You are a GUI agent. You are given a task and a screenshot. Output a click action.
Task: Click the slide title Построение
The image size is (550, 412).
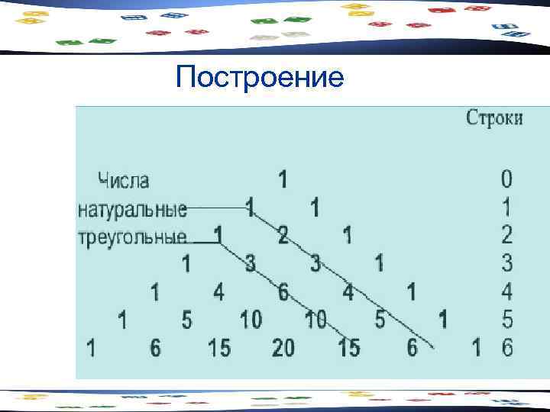pyautogui.click(x=259, y=78)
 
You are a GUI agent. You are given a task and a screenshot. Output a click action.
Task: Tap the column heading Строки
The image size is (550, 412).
pyautogui.click(x=494, y=118)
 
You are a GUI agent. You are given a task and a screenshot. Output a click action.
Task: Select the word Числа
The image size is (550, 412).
pyautogui.click(x=124, y=181)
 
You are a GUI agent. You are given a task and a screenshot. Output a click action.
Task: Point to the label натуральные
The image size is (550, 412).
pyautogui.click(x=132, y=208)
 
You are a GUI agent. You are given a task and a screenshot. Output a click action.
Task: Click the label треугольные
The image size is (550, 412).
pyautogui.click(x=132, y=235)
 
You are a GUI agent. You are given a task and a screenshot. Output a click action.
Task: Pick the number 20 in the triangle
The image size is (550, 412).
pyautogui.click(x=283, y=348)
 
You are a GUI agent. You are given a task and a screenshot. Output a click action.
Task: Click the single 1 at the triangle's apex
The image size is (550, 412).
pyautogui.click(x=283, y=180)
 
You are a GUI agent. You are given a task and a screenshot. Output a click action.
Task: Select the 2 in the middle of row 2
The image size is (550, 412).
pyautogui.click(x=283, y=235)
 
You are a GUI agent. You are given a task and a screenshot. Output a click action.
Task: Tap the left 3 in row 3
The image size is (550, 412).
pyautogui.click(x=250, y=263)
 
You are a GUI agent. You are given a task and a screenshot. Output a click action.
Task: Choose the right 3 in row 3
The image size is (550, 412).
pyautogui.click(x=315, y=263)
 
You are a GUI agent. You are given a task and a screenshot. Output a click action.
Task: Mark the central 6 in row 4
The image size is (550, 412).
pyautogui.click(x=283, y=291)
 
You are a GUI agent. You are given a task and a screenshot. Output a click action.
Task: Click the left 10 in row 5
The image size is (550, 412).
pyautogui.click(x=251, y=319)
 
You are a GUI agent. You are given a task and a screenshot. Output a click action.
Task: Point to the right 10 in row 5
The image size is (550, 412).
pyautogui.click(x=316, y=319)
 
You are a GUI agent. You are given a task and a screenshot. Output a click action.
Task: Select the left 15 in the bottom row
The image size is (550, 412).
pyautogui.click(x=219, y=348)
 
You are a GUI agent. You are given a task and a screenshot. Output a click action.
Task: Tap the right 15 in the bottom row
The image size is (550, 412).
pyautogui.click(x=349, y=348)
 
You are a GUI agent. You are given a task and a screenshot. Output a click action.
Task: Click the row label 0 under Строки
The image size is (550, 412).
pyautogui.click(x=507, y=180)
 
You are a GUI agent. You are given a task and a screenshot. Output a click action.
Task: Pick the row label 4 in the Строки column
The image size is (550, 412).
pyautogui.click(x=507, y=291)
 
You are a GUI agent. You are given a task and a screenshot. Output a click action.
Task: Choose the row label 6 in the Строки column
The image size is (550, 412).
pyautogui.click(x=507, y=348)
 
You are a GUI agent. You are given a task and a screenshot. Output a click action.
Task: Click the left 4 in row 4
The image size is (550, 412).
pyautogui.click(x=219, y=291)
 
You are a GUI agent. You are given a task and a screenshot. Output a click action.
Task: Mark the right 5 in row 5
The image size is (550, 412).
pyautogui.click(x=380, y=319)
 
